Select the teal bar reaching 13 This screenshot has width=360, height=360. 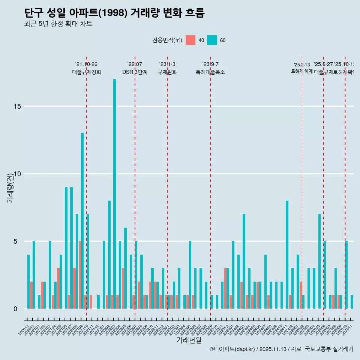[x=82, y=221]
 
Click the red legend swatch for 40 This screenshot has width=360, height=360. [x=190, y=40]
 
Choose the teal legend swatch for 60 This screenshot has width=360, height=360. [x=212, y=40]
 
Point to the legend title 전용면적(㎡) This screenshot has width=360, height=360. [x=167, y=40]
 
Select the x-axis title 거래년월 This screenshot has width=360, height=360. [x=189, y=340]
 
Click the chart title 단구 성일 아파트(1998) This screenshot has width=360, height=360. [x=114, y=13]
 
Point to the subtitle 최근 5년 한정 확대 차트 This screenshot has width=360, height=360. [x=58, y=24]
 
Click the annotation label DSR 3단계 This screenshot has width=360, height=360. [x=135, y=72]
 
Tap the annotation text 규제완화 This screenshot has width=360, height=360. [x=167, y=72]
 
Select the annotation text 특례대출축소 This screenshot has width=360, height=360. [x=210, y=72]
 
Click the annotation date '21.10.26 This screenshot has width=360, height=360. [x=86, y=64]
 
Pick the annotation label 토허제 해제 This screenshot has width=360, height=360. [x=301, y=71]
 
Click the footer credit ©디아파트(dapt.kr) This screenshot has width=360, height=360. [x=232, y=349]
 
